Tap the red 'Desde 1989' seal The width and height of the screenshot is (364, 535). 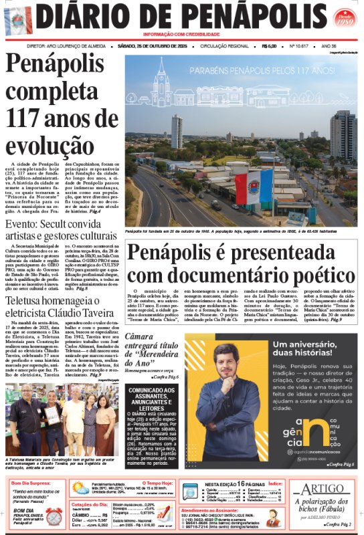[345, 17]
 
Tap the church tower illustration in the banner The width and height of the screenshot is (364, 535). [161, 84]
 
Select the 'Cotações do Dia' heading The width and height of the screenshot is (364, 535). [90, 504]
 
